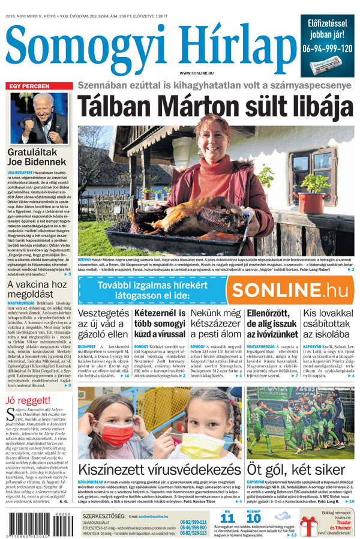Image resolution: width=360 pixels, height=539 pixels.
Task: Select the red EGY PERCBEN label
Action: pos(29,86)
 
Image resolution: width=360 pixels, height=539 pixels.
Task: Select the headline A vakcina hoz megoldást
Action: pos(37,289)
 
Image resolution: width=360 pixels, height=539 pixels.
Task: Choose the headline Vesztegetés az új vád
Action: pos(103,325)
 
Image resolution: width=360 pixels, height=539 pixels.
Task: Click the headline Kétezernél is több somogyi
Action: pos(159,325)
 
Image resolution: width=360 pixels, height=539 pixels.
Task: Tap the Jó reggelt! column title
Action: pos(28,401)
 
